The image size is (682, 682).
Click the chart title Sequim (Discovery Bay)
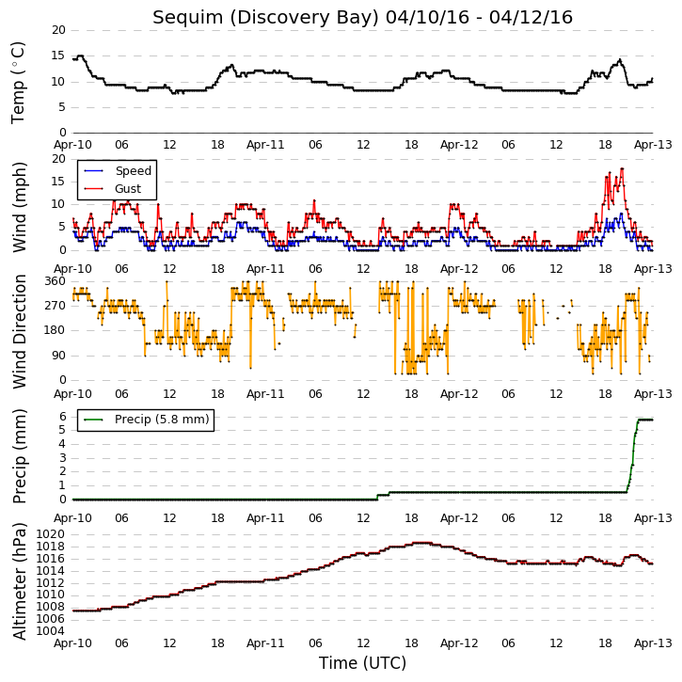(266, 18)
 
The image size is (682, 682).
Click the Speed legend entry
(118, 171)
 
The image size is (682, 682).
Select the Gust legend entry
(113, 189)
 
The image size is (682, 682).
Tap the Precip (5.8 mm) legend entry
(147, 420)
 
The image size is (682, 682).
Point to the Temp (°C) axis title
(18, 83)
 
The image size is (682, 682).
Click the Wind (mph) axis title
(19, 207)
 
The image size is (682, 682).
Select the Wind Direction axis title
(19, 331)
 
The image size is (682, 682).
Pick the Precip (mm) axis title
(19, 456)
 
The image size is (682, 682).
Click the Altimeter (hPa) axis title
(19, 581)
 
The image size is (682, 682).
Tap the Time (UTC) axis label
(362, 663)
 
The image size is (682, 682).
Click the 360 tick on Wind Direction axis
(56, 281)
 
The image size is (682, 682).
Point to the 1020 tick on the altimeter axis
(50, 534)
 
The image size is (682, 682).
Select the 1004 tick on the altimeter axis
(50, 631)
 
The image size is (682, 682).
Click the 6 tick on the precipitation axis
(63, 417)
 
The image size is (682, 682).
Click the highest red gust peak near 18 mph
(622, 168)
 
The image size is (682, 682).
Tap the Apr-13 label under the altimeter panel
(653, 643)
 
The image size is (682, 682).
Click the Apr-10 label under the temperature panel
(72, 145)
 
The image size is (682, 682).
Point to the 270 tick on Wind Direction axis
(56, 306)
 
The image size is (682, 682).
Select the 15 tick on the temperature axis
(58, 56)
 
